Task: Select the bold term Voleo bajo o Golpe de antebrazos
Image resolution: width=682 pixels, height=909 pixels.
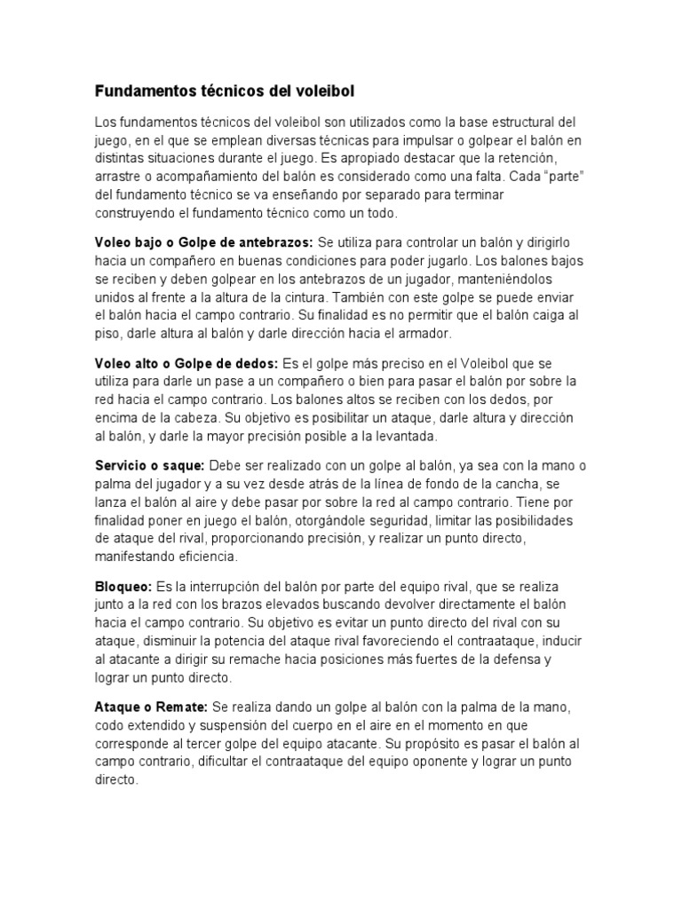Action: click(203, 242)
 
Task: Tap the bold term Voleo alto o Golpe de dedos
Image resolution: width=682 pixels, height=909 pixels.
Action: click(186, 363)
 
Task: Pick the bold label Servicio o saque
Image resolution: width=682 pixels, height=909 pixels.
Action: click(150, 466)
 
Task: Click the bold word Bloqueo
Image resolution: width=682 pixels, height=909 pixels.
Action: click(123, 587)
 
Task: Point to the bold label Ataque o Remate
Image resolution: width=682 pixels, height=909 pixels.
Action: click(151, 707)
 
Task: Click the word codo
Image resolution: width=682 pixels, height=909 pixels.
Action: click(110, 725)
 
